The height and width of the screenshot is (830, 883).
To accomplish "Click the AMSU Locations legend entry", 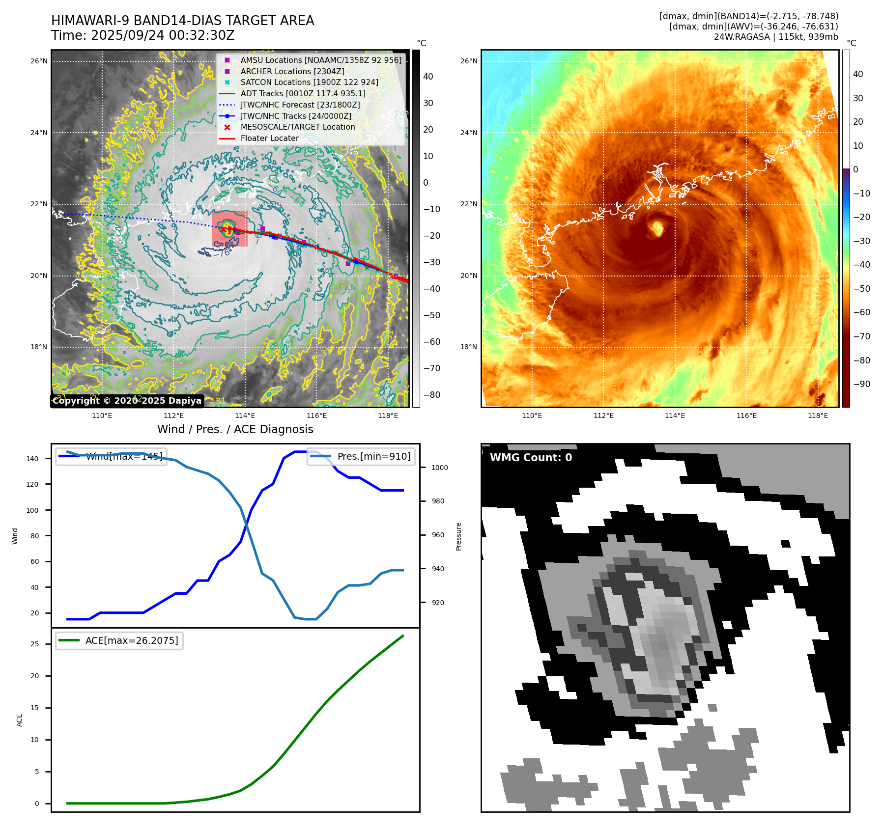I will (x=320, y=60).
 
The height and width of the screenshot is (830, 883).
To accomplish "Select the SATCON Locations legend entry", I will (x=309, y=82).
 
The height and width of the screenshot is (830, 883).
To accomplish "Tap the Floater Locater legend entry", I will (x=269, y=138).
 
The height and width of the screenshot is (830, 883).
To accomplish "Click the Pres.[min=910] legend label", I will (x=373, y=456).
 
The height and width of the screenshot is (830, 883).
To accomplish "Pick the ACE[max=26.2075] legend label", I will (x=131, y=640).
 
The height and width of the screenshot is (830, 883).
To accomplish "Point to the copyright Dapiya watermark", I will (x=127, y=401).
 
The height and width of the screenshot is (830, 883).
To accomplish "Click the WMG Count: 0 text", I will (x=531, y=458).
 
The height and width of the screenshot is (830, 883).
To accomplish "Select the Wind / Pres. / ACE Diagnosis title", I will (x=235, y=429).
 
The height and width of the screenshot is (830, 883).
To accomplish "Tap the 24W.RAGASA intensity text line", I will (x=776, y=37).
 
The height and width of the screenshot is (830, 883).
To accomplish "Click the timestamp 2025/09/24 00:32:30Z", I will (x=163, y=36).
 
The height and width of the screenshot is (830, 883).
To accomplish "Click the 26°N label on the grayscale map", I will (x=39, y=61).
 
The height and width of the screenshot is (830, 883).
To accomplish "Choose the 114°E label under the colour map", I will (x=675, y=416).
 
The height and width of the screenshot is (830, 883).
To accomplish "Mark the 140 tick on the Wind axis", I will (x=32, y=459).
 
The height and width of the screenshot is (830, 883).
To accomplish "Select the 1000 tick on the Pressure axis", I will (x=439, y=468).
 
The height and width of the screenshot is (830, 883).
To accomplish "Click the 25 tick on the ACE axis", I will (x=34, y=644).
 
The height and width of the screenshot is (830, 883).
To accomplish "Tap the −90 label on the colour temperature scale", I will (x=861, y=384).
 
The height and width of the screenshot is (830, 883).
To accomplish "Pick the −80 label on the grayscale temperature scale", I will (x=432, y=395).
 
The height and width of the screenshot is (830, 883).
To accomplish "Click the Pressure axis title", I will (x=458, y=536).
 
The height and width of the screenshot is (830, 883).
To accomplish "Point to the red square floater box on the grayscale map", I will (x=229, y=229).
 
